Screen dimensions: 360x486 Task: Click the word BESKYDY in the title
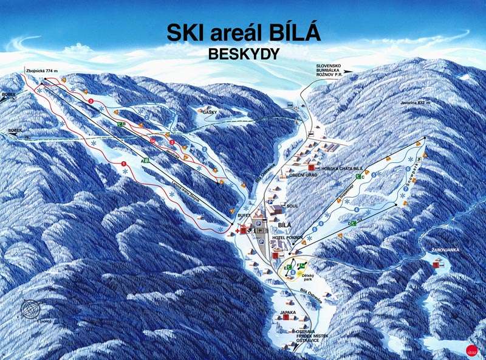tap(243, 54)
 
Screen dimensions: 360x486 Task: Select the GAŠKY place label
tap(210, 112)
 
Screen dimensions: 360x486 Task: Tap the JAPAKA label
tap(287, 313)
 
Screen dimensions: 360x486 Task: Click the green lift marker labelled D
tap(351, 224)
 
